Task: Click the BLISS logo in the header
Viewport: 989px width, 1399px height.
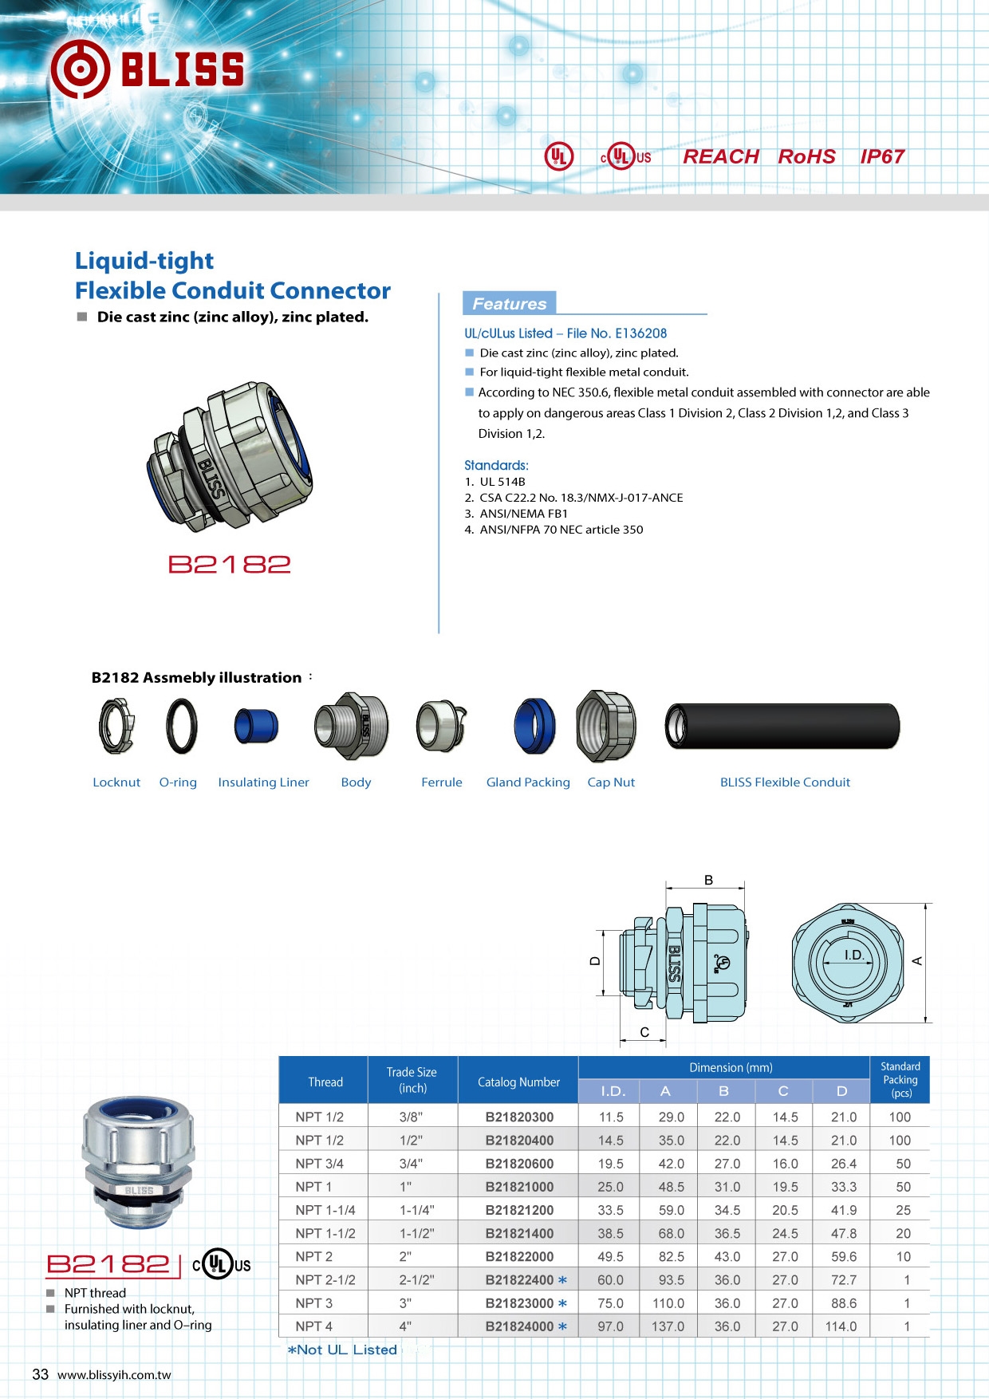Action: [x=148, y=69]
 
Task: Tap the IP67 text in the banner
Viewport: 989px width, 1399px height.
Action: [x=881, y=156]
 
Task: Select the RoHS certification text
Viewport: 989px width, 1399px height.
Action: [x=806, y=156]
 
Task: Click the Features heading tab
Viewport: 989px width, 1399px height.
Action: [x=509, y=303]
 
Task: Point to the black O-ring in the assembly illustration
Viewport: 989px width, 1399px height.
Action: [x=181, y=726]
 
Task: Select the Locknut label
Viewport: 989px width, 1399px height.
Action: [x=116, y=782]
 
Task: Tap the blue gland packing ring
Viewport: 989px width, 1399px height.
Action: [x=534, y=725]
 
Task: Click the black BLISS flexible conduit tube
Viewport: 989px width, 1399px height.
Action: [x=782, y=726]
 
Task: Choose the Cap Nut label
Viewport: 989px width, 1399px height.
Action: [x=611, y=782]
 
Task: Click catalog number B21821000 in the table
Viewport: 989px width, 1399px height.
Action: [x=519, y=1187]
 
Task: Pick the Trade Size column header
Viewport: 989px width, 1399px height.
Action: [x=412, y=1080]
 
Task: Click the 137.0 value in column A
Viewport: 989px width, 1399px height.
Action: [x=668, y=1326]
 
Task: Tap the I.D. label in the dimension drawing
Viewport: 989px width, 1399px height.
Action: [x=853, y=955]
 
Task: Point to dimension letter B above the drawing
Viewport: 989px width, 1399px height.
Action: [x=708, y=881]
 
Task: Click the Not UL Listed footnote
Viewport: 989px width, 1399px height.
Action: [x=343, y=1350]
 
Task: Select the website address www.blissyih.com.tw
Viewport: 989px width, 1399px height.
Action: [x=114, y=1375]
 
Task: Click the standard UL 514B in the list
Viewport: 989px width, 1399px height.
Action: [x=502, y=482]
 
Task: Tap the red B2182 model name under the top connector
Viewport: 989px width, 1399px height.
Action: [x=230, y=565]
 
